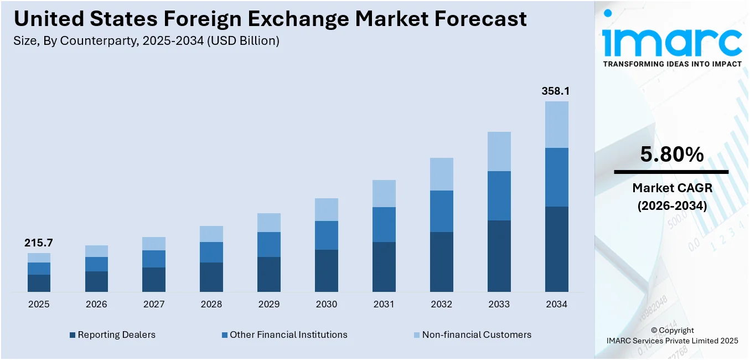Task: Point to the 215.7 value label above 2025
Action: coord(38,243)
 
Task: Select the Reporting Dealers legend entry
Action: coord(112,335)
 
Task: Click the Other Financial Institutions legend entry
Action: coord(284,335)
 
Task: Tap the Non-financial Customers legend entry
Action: coord(472,335)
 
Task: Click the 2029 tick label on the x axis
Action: coord(268,304)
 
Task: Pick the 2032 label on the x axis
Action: coord(441,304)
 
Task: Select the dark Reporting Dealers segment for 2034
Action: coord(556,249)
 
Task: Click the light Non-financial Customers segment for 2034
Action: coord(556,125)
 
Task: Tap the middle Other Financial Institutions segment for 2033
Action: coord(499,196)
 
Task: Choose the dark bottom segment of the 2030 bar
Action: coord(326,270)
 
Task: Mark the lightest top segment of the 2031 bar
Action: coord(384,193)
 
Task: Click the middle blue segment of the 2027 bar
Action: coord(153,259)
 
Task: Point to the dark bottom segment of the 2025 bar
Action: coord(39,283)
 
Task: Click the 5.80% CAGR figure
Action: coord(671,155)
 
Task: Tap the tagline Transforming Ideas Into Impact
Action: coord(671,64)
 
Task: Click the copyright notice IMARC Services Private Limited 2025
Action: coord(671,341)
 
